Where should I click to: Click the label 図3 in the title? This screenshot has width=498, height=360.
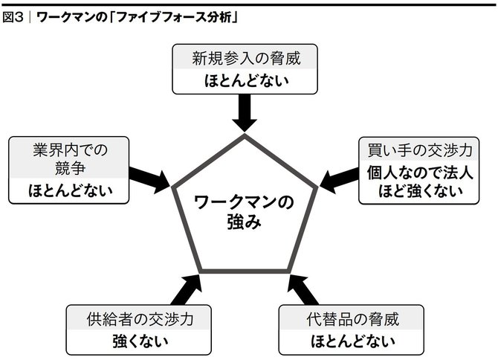click(x=13, y=17)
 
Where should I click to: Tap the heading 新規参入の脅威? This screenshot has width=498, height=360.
click(x=246, y=59)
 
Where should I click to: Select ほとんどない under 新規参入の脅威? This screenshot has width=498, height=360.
click(x=246, y=81)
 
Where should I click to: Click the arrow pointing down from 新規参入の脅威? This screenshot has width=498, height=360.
click(x=245, y=113)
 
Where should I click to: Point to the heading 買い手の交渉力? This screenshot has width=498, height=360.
click(x=419, y=150)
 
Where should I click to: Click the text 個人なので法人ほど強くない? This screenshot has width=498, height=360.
click(x=420, y=182)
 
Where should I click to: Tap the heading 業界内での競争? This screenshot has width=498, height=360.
click(x=70, y=159)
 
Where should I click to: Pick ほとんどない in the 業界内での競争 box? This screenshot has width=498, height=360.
click(x=70, y=190)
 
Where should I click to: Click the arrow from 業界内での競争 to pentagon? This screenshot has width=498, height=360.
click(x=149, y=180)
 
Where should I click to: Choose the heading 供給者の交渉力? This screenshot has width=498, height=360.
click(x=140, y=319)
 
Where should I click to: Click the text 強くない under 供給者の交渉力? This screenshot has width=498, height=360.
click(x=140, y=341)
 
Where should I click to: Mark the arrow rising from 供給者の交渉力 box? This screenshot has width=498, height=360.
click(x=187, y=290)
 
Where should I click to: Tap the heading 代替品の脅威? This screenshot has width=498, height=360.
click(x=352, y=319)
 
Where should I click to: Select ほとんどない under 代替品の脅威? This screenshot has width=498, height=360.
click(x=352, y=341)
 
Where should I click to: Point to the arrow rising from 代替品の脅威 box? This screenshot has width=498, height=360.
click(x=303, y=290)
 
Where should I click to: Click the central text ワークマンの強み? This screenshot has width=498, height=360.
click(x=244, y=212)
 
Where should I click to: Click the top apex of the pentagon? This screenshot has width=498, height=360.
click(x=245, y=135)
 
